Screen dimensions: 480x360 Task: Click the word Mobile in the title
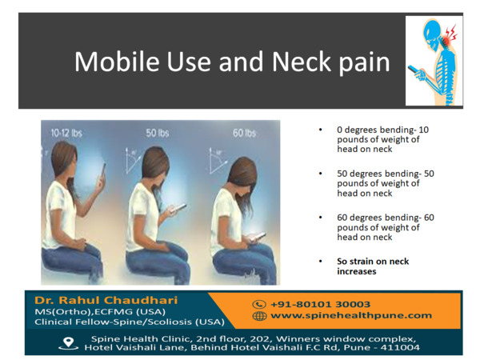pos(117,62)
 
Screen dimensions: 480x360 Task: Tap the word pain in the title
pos(364,64)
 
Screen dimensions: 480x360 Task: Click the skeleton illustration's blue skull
pos(432,33)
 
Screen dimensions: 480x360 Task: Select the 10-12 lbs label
pos(66,133)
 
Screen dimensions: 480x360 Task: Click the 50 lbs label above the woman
pos(158,133)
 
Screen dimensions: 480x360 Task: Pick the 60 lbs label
pos(244,133)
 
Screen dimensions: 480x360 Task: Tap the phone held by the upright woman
pos(103,171)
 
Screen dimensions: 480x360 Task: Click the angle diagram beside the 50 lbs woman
pos(132,161)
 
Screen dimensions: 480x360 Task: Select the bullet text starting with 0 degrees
pos(383,139)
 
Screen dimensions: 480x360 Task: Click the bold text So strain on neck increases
pos(373,266)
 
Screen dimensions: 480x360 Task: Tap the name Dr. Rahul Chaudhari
pos(106,300)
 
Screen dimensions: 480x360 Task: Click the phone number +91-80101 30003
pos(321,304)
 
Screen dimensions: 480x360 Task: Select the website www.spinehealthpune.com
pos(351,316)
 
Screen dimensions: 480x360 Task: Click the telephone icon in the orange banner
pos(259,304)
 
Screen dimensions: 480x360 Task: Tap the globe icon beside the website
pos(259,316)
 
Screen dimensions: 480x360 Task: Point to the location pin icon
pos(68,343)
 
